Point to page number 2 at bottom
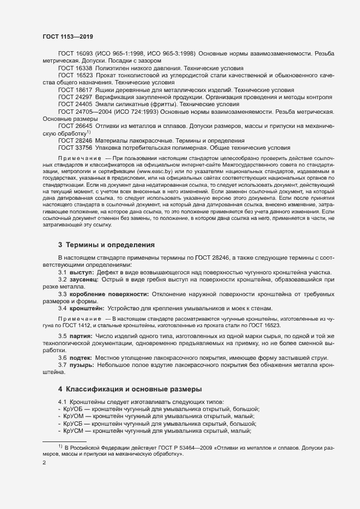tap(44, 463)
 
